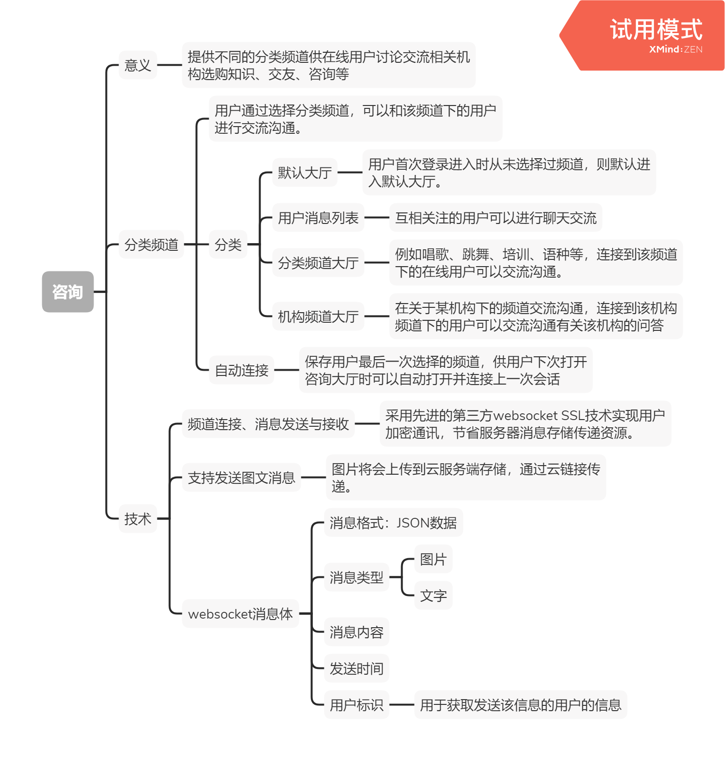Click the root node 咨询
[x=68, y=292]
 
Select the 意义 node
[x=138, y=65]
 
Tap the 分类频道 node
[x=151, y=245]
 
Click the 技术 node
[x=138, y=518]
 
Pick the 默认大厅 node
[x=305, y=173]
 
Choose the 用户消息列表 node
[x=318, y=218]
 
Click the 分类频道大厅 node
[x=318, y=263]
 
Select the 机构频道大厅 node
[x=318, y=316]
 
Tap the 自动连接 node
[x=241, y=370]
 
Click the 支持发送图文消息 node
[x=241, y=478]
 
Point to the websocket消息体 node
[x=240, y=614]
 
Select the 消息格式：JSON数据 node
[x=393, y=523]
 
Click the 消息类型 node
[x=357, y=577]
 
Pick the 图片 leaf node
[x=433, y=559]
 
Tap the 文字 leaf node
[x=433, y=596]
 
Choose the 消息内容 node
[x=357, y=632]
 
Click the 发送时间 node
[x=357, y=668]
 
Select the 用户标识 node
[x=357, y=705]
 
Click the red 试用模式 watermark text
[x=656, y=30]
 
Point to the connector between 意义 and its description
[x=169, y=65]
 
